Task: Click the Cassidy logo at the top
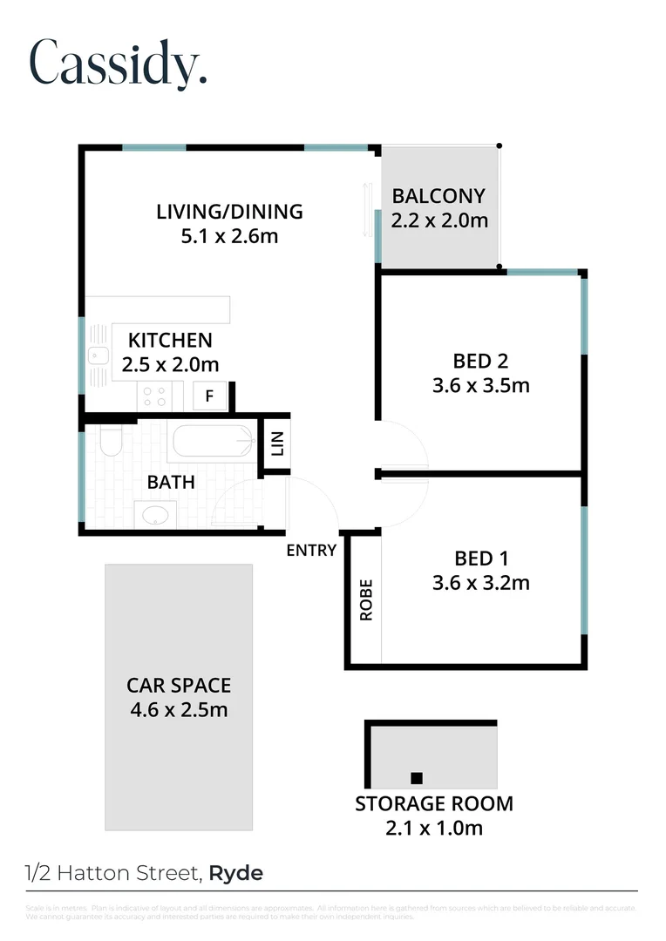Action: [x=118, y=62]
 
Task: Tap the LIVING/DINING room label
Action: [x=229, y=211]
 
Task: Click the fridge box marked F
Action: [x=209, y=396]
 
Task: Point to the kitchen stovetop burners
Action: [x=154, y=396]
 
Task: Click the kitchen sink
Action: [x=98, y=355]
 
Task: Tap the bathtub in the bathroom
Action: [x=214, y=442]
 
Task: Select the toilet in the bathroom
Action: [x=110, y=443]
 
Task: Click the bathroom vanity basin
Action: [x=155, y=513]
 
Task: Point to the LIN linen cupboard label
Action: [x=278, y=445]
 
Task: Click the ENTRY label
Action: [x=311, y=550]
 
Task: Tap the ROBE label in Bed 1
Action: [x=366, y=599]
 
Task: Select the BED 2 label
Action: [x=480, y=361]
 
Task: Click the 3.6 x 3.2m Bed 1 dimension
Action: [x=480, y=582]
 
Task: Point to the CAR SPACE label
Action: [x=179, y=686]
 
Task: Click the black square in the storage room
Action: [x=417, y=778]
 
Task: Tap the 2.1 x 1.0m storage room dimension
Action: [x=433, y=828]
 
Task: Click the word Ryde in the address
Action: [x=236, y=872]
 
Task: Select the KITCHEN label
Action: [x=170, y=340]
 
